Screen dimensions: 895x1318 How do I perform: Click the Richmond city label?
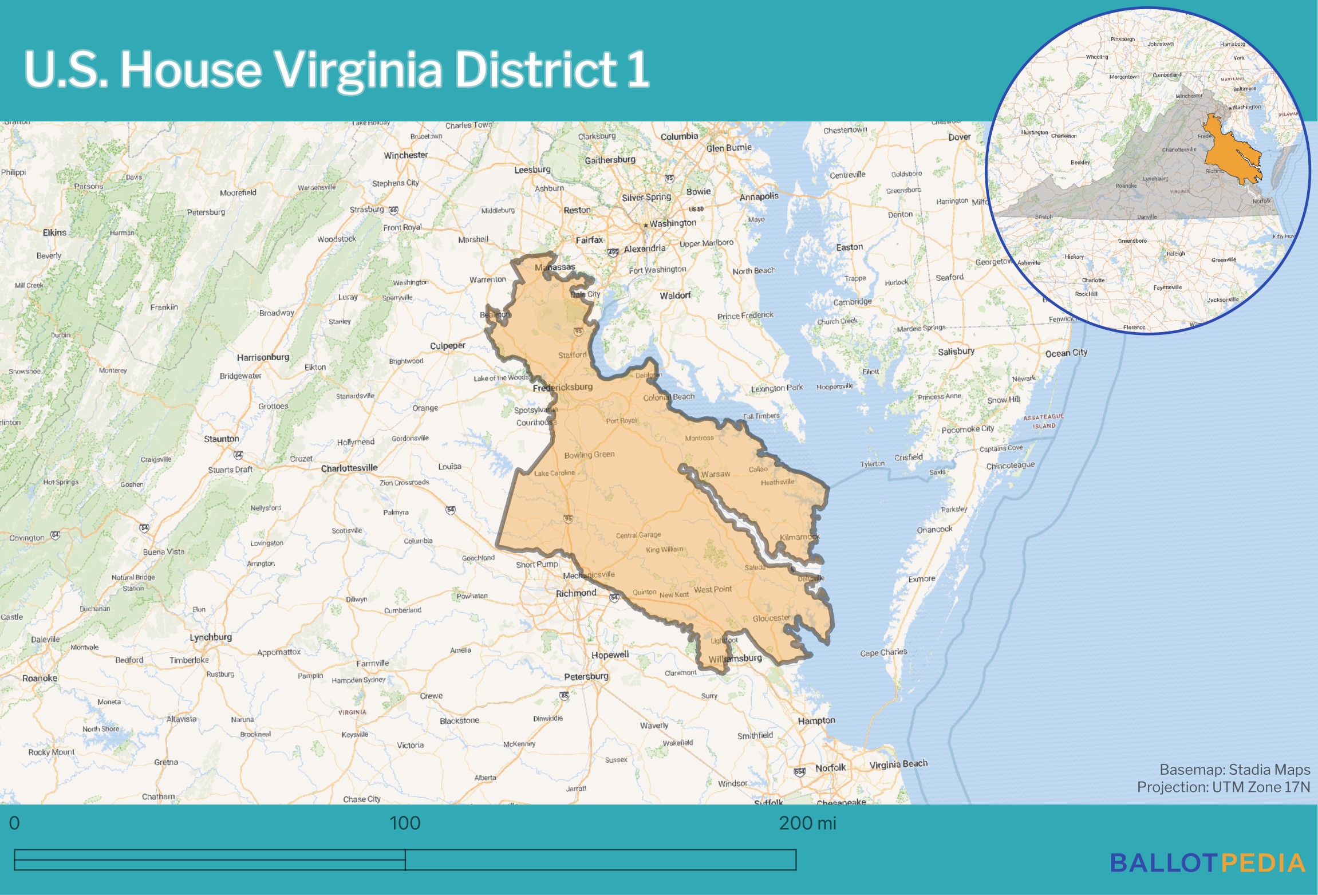click(576, 593)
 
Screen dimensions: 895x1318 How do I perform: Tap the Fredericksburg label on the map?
click(562, 388)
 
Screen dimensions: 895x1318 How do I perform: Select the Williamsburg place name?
click(735, 659)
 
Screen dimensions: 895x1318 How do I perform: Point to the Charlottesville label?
click(349, 468)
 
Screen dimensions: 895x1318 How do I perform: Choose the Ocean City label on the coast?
click(1066, 353)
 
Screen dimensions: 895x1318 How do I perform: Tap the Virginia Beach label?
click(898, 764)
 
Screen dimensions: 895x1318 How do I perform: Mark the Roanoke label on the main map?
click(40, 678)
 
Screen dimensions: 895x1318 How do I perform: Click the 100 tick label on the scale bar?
click(405, 823)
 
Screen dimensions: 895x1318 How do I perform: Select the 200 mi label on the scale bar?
click(807, 823)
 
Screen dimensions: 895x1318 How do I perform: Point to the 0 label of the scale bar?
click(14, 823)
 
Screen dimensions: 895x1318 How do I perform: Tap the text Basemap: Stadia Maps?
click(1234, 770)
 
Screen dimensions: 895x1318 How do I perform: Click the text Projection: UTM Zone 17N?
click(1223, 787)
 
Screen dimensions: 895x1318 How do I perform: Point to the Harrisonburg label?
click(263, 357)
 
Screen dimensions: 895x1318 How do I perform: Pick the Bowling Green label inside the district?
click(589, 455)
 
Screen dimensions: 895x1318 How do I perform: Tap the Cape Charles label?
click(883, 652)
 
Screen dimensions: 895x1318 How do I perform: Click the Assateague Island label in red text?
click(1044, 421)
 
